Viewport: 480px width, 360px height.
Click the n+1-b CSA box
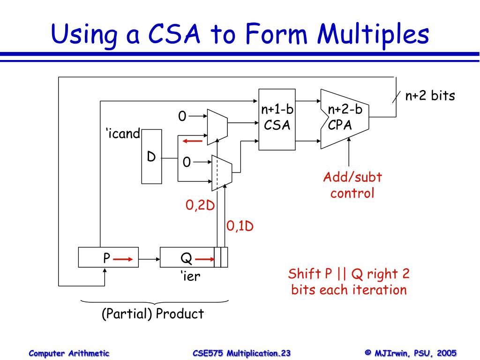click(x=277, y=119)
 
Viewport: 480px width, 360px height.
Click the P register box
click(x=108, y=258)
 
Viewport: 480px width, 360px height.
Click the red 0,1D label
click(x=240, y=226)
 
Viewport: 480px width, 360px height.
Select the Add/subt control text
click(x=352, y=185)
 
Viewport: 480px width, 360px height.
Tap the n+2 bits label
click(x=430, y=96)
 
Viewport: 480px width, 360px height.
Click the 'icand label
click(x=122, y=134)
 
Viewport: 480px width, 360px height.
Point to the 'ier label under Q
click(x=190, y=276)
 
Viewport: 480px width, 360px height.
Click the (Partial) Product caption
click(x=153, y=314)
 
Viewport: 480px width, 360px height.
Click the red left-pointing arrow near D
click(x=193, y=141)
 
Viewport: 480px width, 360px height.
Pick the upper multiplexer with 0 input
click(x=217, y=126)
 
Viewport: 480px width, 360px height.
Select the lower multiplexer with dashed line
click(x=222, y=172)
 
